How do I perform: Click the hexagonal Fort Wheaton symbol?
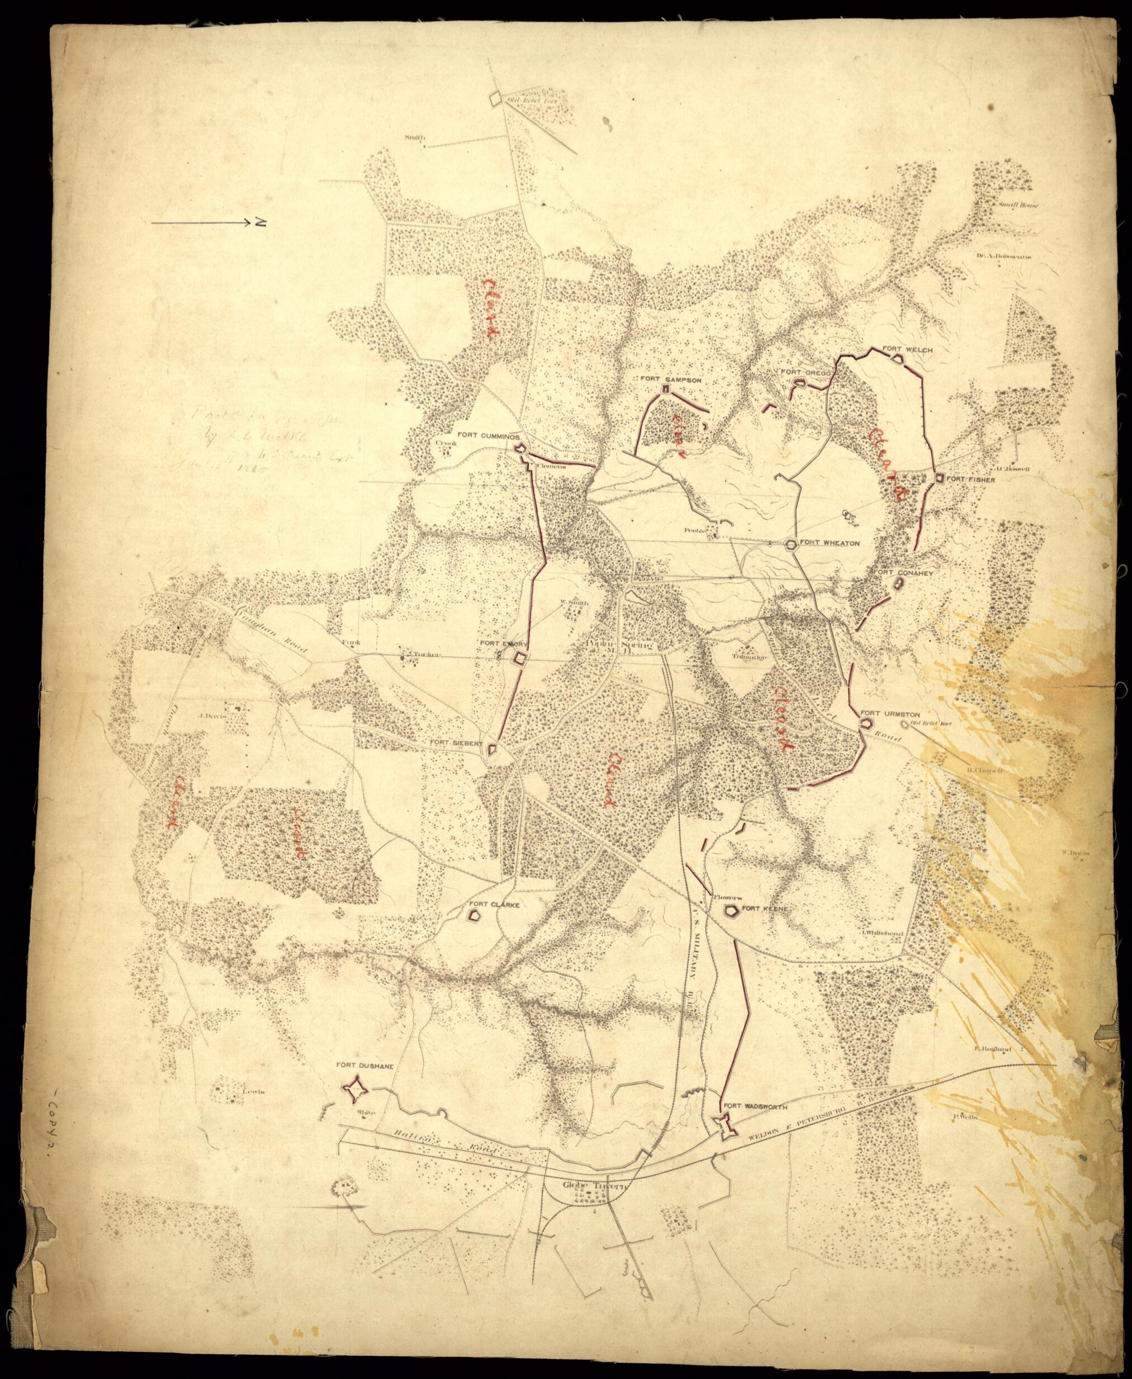791,544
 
